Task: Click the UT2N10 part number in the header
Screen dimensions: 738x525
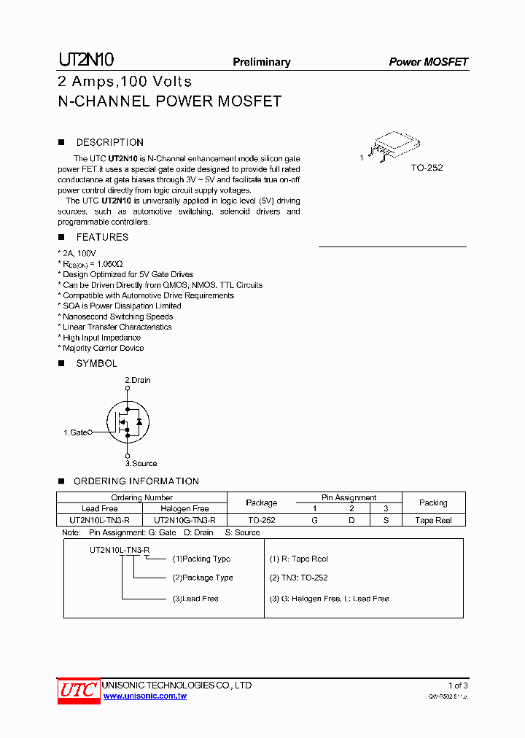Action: pyautogui.click(x=85, y=61)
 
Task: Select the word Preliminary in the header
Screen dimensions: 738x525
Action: pyautogui.click(x=261, y=62)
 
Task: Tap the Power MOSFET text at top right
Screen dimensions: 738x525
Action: pyautogui.click(x=428, y=62)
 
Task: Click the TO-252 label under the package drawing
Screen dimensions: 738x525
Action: pyautogui.click(x=427, y=168)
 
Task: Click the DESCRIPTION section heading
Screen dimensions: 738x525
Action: pyautogui.click(x=109, y=142)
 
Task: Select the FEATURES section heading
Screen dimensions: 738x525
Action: pyautogui.click(x=102, y=237)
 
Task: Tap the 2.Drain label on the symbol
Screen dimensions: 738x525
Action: pyautogui.click(x=138, y=380)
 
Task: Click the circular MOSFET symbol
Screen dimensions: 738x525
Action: pyautogui.click(x=128, y=422)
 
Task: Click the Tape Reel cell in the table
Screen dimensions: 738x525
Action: pyautogui.click(x=433, y=520)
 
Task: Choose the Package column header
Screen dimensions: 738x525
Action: pyautogui.click(x=261, y=502)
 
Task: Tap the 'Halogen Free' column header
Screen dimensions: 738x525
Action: pyautogui.click(x=184, y=508)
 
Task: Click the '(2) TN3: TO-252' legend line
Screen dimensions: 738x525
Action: pyautogui.click(x=299, y=578)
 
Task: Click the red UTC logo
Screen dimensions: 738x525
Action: pyautogui.click(x=78, y=690)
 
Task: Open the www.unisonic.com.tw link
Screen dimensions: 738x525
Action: pyautogui.click(x=145, y=696)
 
